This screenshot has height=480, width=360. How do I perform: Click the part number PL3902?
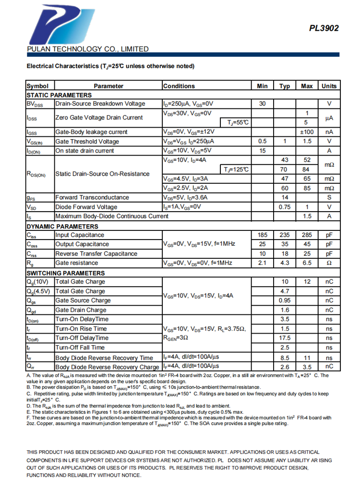pyautogui.click(x=324, y=28)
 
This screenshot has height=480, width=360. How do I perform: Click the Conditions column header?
pyautogui.click(x=179, y=86)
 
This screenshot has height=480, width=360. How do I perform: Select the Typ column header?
pyautogui.click(x=285, y=86)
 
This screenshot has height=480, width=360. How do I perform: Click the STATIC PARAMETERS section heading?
pyautogui.click(x=59, y=95)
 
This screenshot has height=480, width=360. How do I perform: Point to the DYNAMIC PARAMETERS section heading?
pyautogui.click(x=62, y=226)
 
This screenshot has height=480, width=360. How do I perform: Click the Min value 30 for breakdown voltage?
pyautogui.click(x=263, y=104)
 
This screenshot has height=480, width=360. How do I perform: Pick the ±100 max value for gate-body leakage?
pyautogui.click(x=307, y=132)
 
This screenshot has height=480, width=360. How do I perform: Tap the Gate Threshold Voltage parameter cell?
pyautogui.click(x=84, y=141)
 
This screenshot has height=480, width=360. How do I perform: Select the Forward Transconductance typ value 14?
pyautogui.click(x=285, y=197)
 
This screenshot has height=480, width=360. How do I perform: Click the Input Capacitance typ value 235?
pyautogui.click(x=285, y=235)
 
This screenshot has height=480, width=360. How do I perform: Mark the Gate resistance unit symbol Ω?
pyautogui.click(x=329, y=263)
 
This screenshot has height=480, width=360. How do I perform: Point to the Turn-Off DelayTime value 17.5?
pyautogui.click(x=285, y=338)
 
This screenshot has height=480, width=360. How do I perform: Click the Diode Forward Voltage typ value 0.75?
pyautogui.click(x=285, y=207)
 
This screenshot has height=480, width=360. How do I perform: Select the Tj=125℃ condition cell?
pyautogui.click(x=236, y=169)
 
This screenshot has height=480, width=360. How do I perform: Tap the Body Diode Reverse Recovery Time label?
pyautogui.click(x=104, y=358)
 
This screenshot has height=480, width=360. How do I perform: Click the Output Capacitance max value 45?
pyautogui.click(x=307, y=244)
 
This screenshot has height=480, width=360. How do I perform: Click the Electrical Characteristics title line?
pyautogui.click(x=110, y=66)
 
